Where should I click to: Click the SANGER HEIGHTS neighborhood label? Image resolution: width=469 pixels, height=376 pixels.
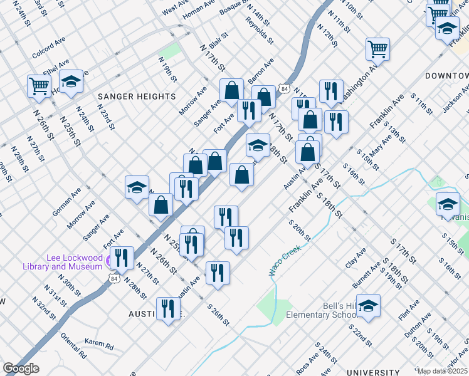click(136, 97)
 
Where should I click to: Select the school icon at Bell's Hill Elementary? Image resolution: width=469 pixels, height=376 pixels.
click(368, 306)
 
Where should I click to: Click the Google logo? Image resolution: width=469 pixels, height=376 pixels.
click(21, 368)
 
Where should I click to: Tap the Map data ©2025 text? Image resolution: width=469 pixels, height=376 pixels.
click(442, 371)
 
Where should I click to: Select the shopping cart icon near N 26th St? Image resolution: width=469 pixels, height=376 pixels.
click(39, 86)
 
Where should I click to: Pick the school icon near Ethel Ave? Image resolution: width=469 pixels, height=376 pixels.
click(71, 81)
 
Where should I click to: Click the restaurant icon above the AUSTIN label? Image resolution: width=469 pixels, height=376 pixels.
click(167, 308)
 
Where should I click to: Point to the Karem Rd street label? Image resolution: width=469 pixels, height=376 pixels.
click(99, 345)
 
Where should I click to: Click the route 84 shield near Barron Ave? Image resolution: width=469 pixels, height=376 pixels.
click(285, 89)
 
